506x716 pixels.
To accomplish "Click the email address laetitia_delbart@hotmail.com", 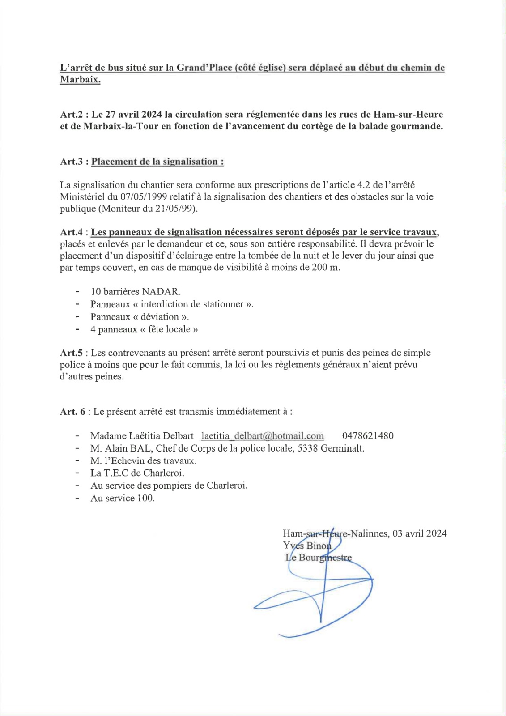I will pyautogui.click(x=262, y=436).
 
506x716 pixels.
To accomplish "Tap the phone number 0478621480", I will pyautogui.click(x=368, y=436).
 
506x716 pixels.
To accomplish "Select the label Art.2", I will pyautogui.click(x=72, y=115).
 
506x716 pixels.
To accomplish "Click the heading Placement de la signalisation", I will pyautogui.click(x=157, y=162).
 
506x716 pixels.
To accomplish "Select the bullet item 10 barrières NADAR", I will pyautogui.click(x=136, y=292).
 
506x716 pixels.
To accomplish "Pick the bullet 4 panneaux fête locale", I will pyautogui.click(x=144, y=330).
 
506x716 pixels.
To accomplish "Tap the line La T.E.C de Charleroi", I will pyautogui.click(x=137, y=473).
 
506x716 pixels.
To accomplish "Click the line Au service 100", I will pyautogui.click(x=123, y=498).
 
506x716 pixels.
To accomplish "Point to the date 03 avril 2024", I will pyautogui.click(x=419, y=533).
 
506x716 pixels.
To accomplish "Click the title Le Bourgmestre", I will pyautogui.click(x=319, y=558).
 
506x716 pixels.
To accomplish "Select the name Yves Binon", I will pyautogui.click(x=307, y=546).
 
